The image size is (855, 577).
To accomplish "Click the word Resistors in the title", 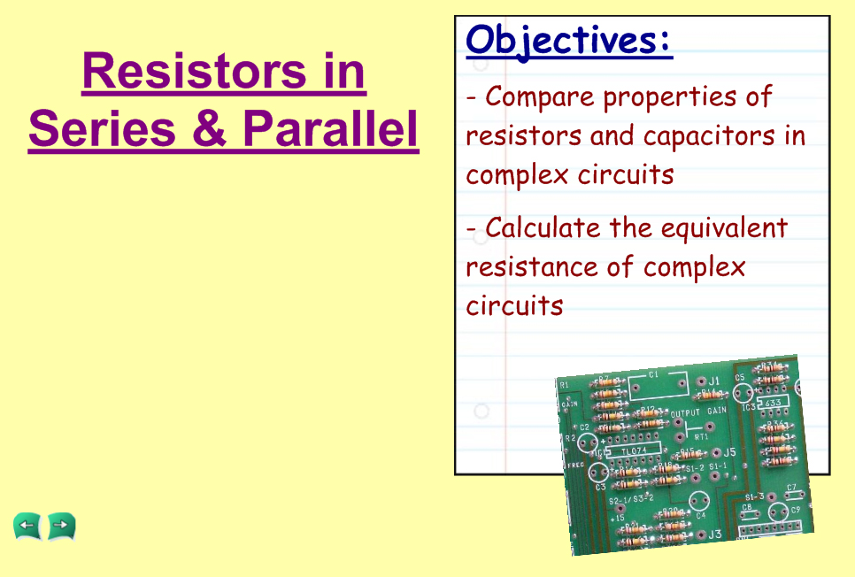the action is (x=194, y=72).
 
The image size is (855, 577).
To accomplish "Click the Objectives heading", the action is (x=569, y=41).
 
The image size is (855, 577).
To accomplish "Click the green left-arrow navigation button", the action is (x=27, y=527).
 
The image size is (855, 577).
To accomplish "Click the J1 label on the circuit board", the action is (x=713, y=381).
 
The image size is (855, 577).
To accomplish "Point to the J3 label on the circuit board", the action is (x=715, y=535).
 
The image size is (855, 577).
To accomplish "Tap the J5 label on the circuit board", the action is (x=729, y=452).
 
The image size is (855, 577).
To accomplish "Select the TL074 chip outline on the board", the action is (x=634, y=450).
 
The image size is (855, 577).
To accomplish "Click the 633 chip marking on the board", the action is (x=773, y=403).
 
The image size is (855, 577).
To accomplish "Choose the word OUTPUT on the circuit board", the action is (x=685, y=413).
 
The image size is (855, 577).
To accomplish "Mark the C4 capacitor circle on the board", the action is (x=698, y=501).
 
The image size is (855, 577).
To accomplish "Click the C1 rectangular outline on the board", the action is (x=659, y=387).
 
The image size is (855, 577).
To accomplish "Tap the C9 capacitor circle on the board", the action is (x=778, y=512).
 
